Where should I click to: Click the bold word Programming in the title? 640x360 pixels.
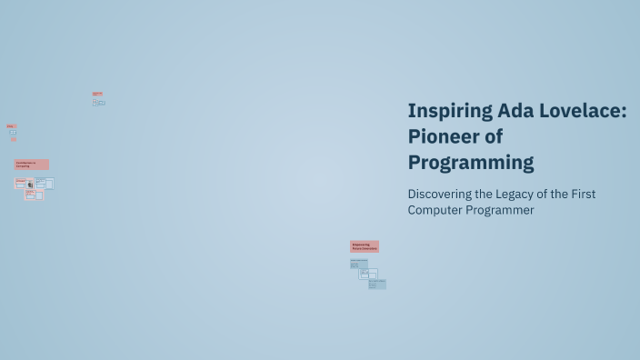point(470,163)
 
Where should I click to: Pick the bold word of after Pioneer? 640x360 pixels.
point(493,137)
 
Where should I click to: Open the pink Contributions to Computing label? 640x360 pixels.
point(31,165)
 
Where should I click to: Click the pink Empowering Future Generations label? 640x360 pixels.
point(364,245)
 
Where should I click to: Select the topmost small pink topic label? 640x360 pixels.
point(96,94)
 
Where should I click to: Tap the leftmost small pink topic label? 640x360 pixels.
point(11,125)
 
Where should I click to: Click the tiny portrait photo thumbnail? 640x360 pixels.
point(30,184)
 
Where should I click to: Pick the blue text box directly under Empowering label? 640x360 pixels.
point(358,265)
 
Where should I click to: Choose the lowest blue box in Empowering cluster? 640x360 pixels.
point(377,284)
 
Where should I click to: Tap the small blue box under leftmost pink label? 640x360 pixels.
point(13,133)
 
